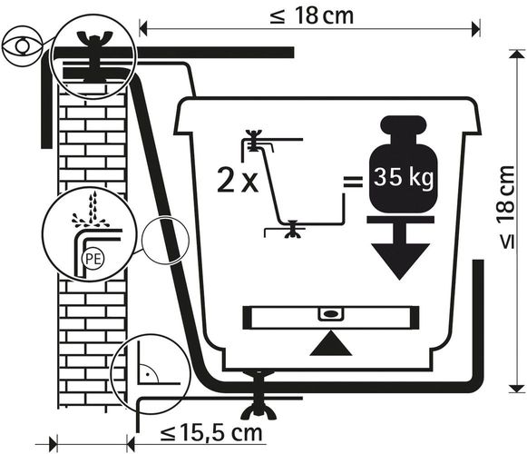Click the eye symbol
(x=22, y=46)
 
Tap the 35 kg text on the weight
(x=404, y=177)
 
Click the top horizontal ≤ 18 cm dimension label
(x=311, y=15)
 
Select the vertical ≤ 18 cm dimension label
(x=506, y=208)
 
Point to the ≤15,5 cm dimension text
(x=211, y=433)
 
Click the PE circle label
(x=93, y=259)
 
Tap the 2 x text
(x=238, y=181)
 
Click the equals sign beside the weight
(x=353, y=182)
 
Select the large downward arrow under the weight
(x=400, y=248)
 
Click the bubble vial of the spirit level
(x=331, y=313)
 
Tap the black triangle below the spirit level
(x=331, y=343)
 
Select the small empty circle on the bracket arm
(x=165, y=240)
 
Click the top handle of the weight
(x=404, y=123)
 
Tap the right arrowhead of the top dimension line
(x=476, y=28)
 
